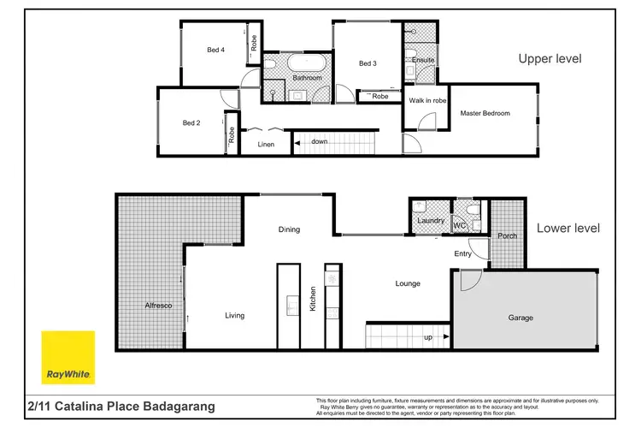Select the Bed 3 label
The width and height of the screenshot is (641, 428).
coord(368,63)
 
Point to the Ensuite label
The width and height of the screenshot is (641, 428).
coord(423,60)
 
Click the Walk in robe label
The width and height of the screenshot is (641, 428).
coord(427,100)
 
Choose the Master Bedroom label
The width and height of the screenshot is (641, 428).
coord(485,113)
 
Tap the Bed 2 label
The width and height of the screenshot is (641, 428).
coord(191,123)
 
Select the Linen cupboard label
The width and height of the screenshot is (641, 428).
coord(266,145)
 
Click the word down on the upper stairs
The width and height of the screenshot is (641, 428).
coord(320,141)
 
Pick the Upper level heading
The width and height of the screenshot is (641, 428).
coord(550,59)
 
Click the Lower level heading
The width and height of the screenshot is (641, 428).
coord(568,229)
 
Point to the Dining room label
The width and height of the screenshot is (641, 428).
coord(290,229)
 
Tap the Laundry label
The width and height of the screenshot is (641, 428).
coord(430,222)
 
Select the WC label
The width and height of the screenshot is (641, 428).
coord(459,226)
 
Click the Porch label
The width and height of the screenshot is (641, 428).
coord(507,235)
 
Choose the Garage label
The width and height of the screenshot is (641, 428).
coord(520,318)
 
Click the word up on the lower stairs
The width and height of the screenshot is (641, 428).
coord(426,337)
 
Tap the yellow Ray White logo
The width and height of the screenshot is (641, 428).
coord(69,356)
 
